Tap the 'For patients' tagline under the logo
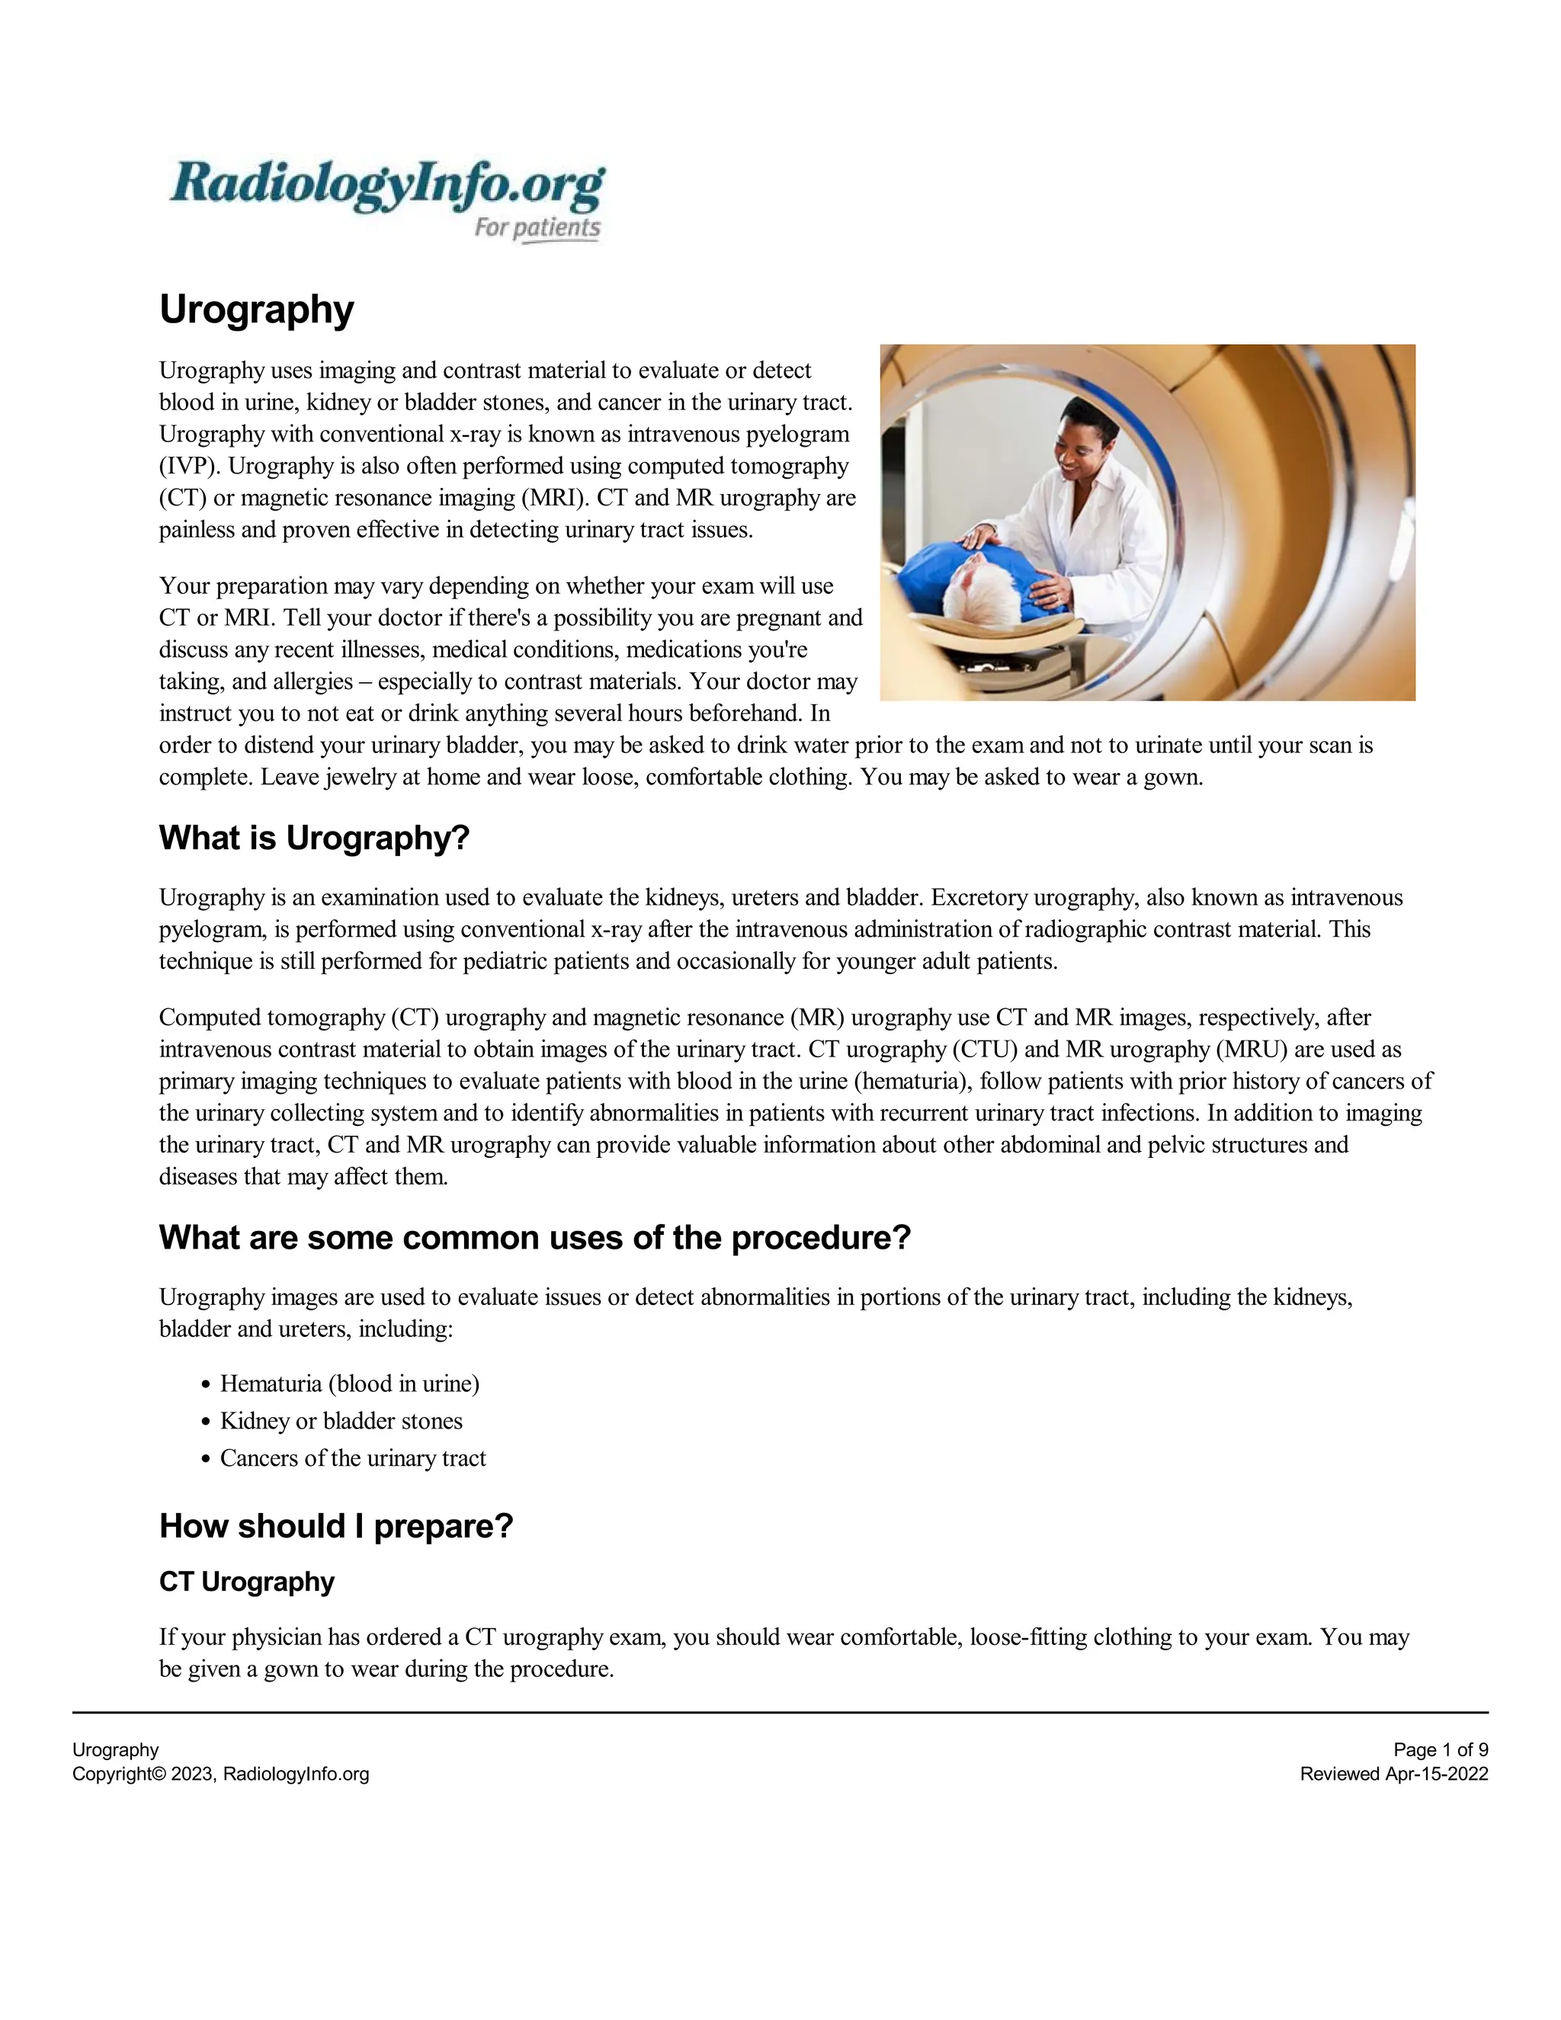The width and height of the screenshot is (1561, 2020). [537, 227]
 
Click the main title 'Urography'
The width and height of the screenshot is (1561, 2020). [256, 309]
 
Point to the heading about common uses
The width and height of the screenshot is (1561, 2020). [534, 1237]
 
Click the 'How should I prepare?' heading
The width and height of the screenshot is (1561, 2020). [335, 1526]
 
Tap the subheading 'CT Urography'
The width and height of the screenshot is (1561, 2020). [246, 1582]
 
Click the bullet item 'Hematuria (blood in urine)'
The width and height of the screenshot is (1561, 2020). [350, 1384]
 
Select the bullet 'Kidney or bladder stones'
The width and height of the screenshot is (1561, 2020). [341, 1421]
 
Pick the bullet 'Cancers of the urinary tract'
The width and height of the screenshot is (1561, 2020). [352, 1458]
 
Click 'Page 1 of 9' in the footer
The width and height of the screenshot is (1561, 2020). [1440, 1750]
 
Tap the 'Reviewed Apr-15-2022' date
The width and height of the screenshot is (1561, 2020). [1393, 1774]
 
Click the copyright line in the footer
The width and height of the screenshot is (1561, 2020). [220, 1774]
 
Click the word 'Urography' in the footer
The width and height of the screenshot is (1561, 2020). [116, 1750]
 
